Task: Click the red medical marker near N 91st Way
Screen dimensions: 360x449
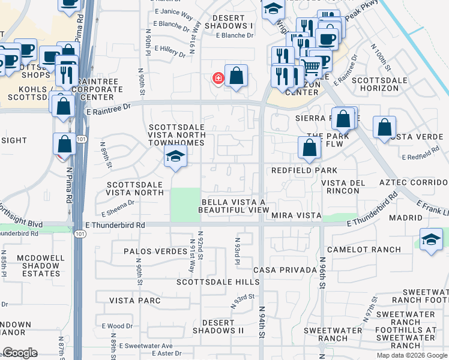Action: point(218,78)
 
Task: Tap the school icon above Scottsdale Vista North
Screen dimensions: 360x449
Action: point(175,157)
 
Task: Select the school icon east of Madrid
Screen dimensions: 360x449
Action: point(431,239)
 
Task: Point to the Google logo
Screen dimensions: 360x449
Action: point(20,353)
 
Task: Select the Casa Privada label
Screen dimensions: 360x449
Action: point(285,270)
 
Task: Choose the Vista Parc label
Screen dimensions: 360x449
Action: point(134,300)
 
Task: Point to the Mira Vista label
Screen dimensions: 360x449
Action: point(296,215)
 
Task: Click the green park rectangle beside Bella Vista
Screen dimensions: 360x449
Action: point(185,205)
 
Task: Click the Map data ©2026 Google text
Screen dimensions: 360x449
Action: point(411,355)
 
